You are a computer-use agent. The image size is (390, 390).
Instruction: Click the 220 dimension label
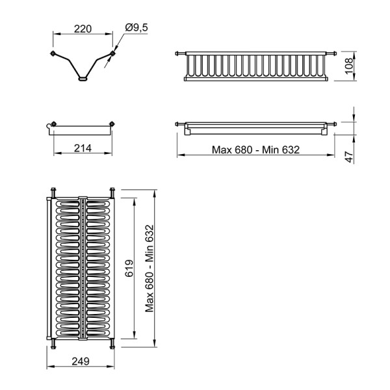pyautogui.click(x=83, y=29)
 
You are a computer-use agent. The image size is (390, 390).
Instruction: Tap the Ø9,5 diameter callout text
pyautogui.click(x=136, y=27)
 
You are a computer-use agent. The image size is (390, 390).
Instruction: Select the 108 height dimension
pyautogui.click(x=349, y=66)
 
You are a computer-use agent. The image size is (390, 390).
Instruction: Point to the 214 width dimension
pyautogui.click(x=83, y=148)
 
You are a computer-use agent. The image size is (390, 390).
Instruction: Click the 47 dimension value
pyautogui.click(x=350, y=157)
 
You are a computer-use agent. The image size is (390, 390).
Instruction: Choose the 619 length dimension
pyautogui.click(x=129, y=268)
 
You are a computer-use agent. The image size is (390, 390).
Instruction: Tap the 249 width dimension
pyautogui.click(x=81, y=361)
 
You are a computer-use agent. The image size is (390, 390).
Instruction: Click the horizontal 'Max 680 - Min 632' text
pyautogui.click(x=255, y=149)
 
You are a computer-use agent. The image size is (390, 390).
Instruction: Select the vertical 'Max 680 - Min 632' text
pyautogui.click(x=149, y=268)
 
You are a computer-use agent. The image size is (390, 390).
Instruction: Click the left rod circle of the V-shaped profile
pyautogui.click(x=53, y=53)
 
